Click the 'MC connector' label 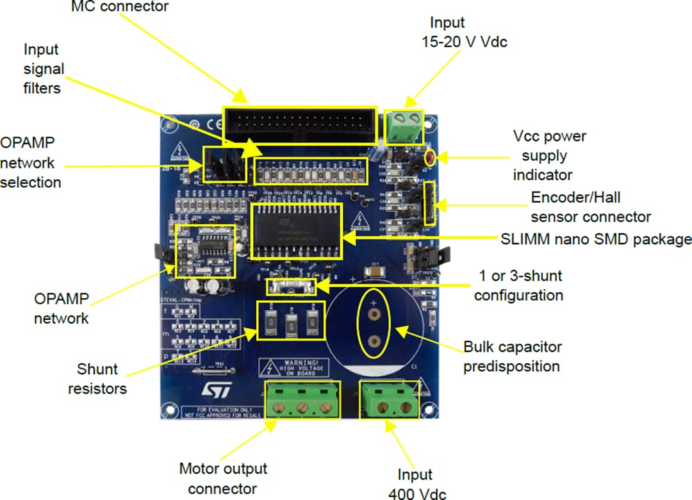click(119, 7)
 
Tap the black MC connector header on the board click(300, 124)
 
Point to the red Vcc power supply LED click(431, 156)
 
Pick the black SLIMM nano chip click(297, 231)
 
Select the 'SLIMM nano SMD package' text click(595, 239)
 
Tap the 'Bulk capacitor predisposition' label click(512, 356)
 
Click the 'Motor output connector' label click(222, 478)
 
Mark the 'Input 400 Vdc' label click(416, 484)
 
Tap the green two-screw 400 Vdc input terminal click(389, 399)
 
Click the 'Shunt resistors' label click(97, 379)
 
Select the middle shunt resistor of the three click(291, 321)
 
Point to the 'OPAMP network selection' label click(31, 162)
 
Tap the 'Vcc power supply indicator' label click(549, 155)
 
